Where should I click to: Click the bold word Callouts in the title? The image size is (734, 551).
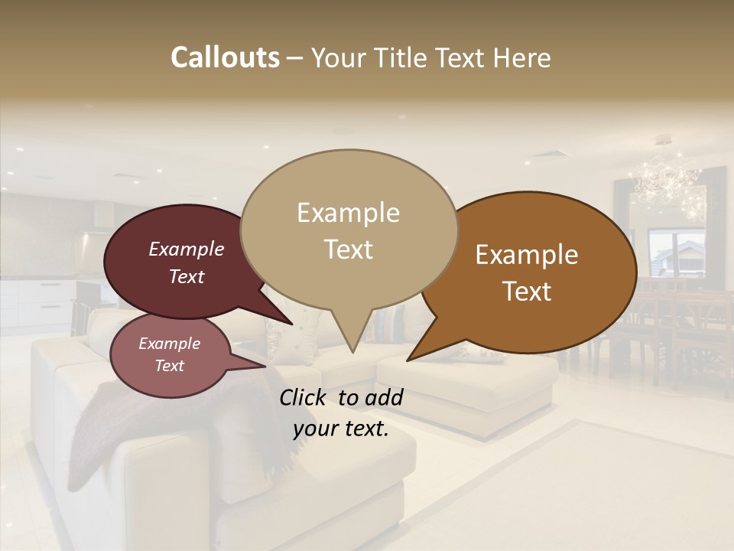225,57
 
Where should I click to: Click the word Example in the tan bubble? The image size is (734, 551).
348,213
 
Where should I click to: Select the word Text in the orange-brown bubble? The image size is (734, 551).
527,292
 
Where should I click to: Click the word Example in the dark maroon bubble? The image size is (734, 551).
187,249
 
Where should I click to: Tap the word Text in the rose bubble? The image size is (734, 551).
170,366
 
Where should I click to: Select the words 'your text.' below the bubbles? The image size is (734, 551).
341,429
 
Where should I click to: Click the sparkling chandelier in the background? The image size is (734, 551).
669,180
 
